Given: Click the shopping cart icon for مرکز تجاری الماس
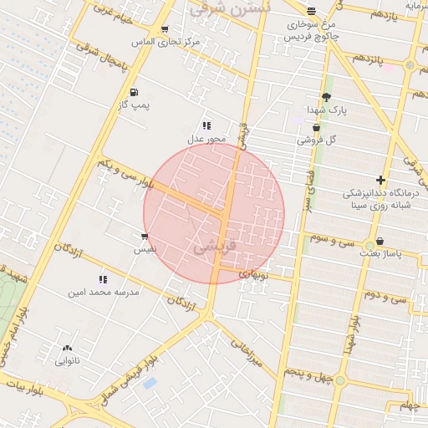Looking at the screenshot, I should pos(164,28).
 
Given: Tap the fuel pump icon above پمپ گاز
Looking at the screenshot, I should pos(134,91).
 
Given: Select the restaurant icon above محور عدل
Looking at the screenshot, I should pos(206,125).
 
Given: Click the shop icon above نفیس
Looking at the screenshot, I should pos(145,237).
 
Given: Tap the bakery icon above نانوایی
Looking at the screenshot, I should pos(67,348).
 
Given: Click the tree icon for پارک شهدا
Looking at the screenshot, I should pos(326,97).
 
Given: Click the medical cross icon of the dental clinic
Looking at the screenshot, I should pos(380,180).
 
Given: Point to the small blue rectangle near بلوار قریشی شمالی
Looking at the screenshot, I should pos(150,383).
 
